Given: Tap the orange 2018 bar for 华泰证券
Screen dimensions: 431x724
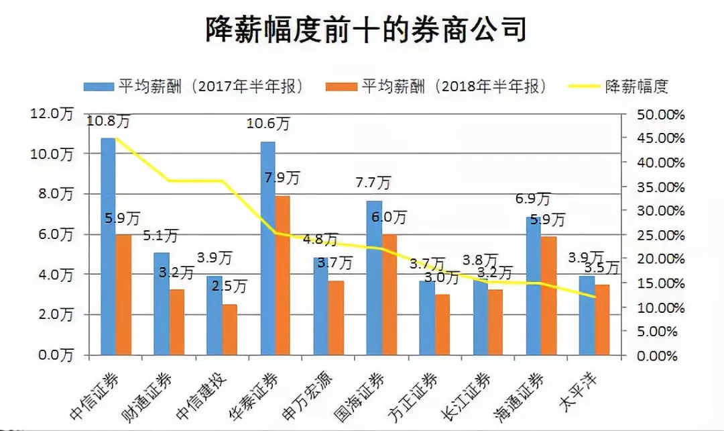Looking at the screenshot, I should point(283,275).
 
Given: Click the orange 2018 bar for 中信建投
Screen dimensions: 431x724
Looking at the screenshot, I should point(230,329).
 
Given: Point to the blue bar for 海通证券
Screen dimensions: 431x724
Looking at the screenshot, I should point(533,285).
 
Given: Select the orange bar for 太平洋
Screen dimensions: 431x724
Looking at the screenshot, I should point(602,320).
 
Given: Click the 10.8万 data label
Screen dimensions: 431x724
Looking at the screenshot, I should point(109,121).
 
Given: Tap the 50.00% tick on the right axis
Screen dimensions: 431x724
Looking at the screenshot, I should point(652,114).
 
